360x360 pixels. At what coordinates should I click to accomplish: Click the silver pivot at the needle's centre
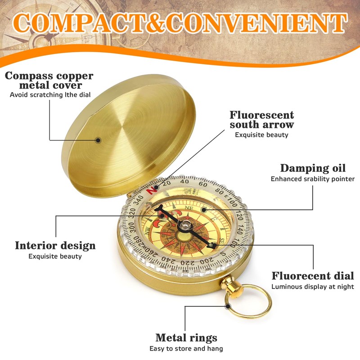(x=185, y=224)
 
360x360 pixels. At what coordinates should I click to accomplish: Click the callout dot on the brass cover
(x=98, y=140)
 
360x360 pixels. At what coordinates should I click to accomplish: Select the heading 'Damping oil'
(x=313, y=168)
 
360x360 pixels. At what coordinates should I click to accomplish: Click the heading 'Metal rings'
(x=186, y=337)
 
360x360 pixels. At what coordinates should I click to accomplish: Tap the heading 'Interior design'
(x=55, y=245)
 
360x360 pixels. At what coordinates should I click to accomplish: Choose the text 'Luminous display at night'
(x=312, y=287)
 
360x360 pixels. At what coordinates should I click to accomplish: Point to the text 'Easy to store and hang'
(x=186, y=348)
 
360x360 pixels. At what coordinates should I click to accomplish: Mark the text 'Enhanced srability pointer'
(x=312, y=179)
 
